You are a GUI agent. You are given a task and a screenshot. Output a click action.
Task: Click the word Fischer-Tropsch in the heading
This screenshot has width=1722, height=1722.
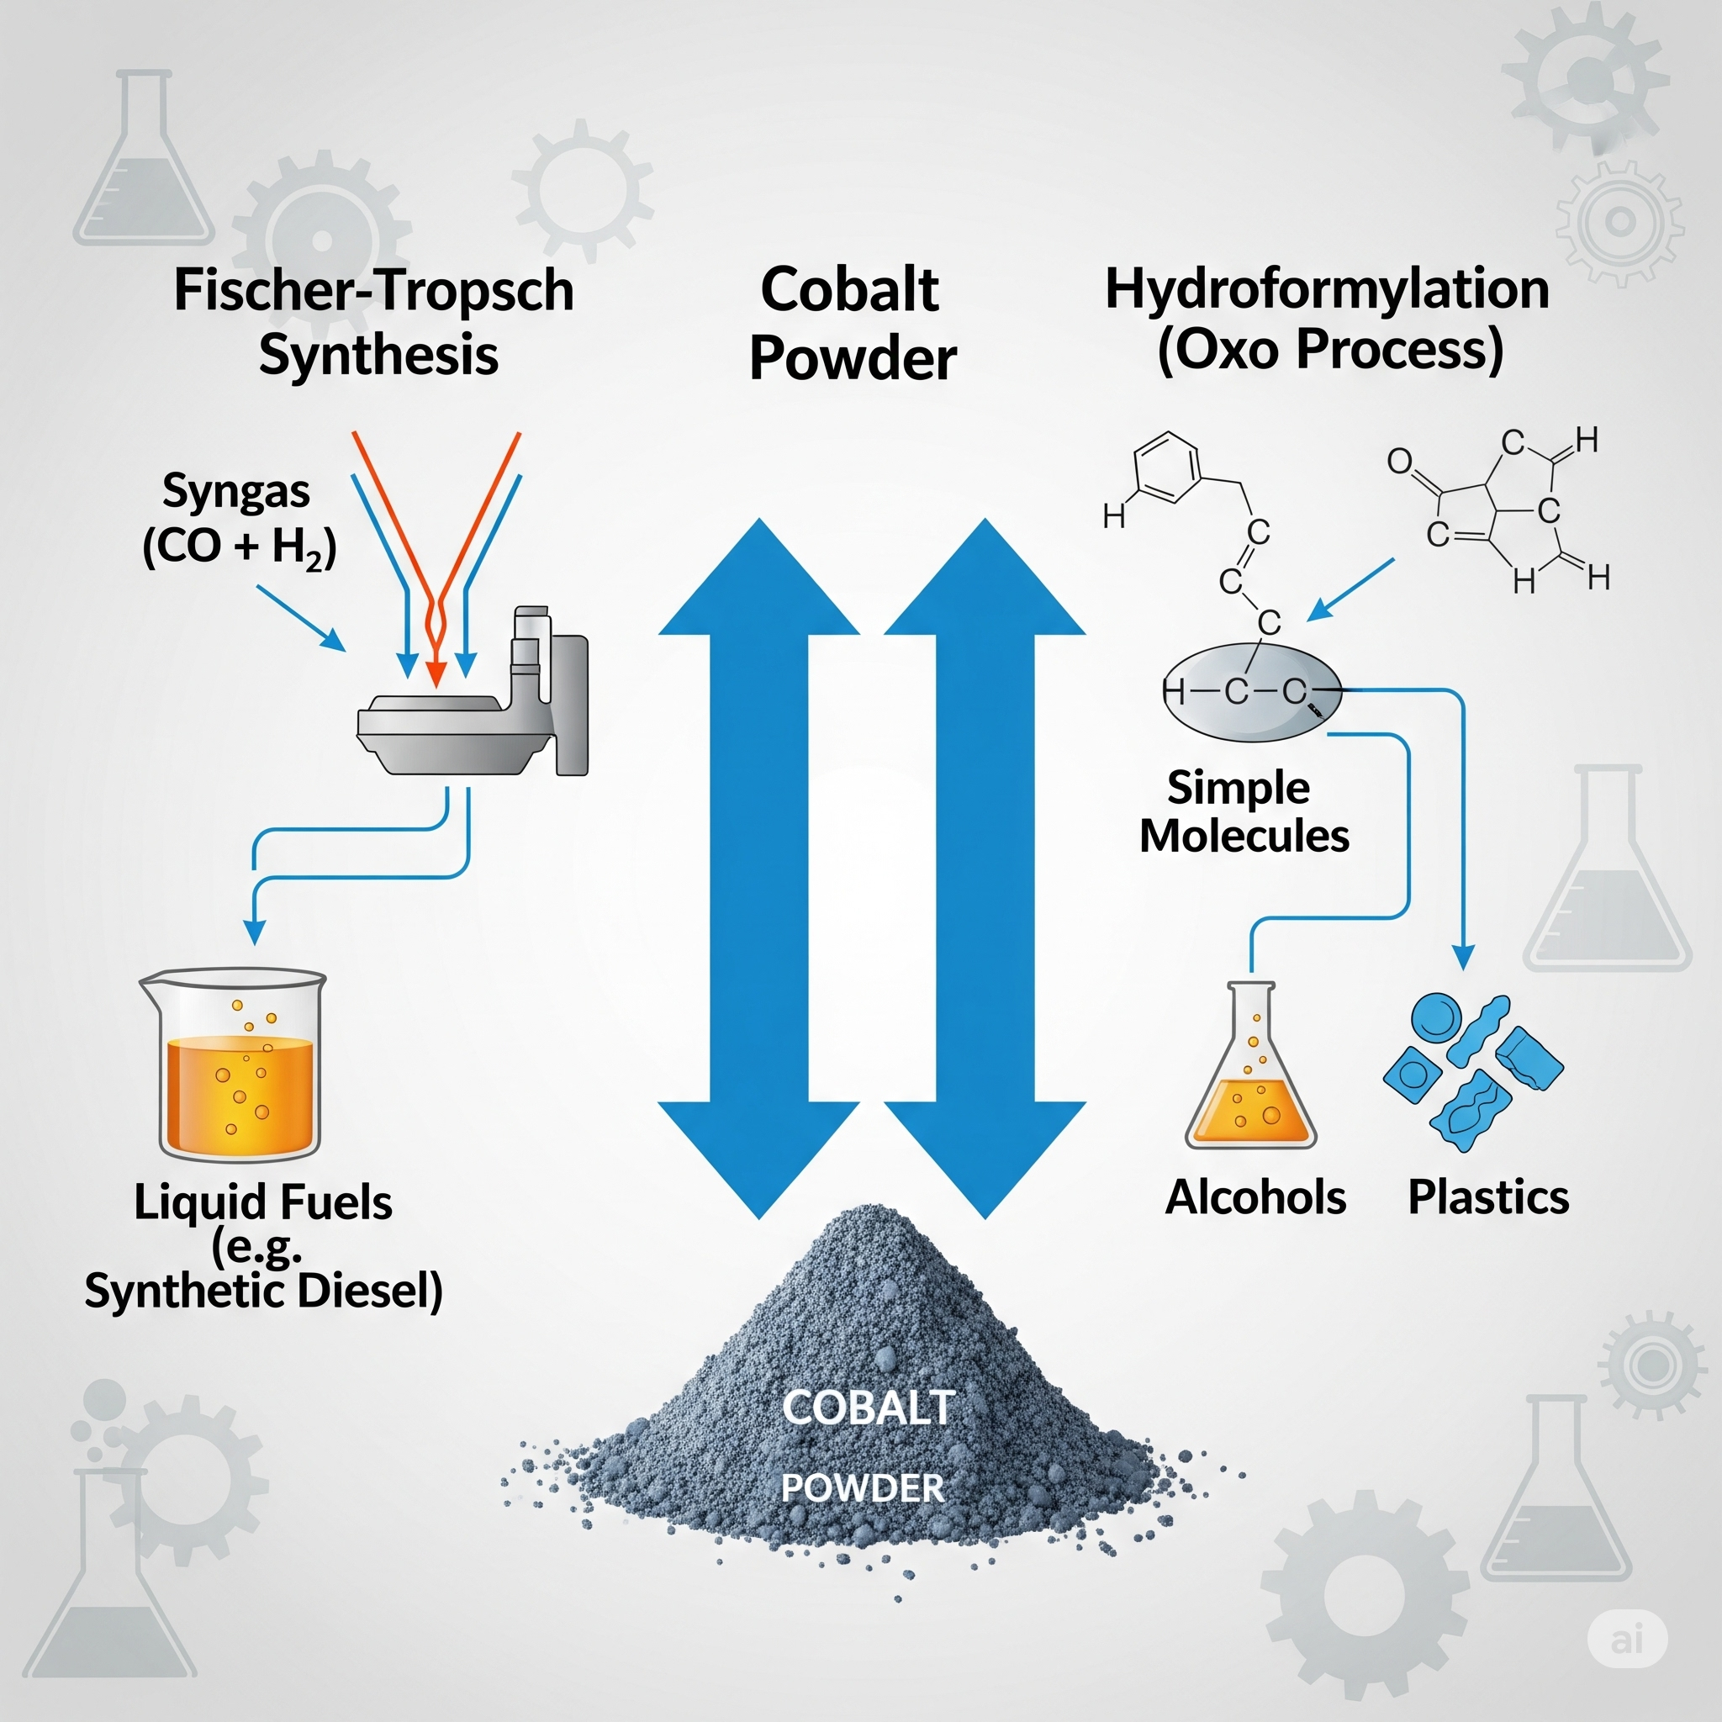pyautogui.click(x=373, y=291)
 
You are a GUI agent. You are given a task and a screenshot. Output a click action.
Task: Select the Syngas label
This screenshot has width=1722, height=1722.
pyautogui.click(x=236, y=491)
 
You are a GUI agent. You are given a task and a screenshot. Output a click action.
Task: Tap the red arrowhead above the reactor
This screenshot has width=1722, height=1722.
pyautogui.click(x=436, y=673)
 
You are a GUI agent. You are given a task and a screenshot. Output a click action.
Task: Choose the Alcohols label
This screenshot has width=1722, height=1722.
pyautogui.click(x=1255, y=1197)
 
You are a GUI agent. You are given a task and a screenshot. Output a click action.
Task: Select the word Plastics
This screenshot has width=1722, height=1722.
pyautogui.click(x=1487, y=1197)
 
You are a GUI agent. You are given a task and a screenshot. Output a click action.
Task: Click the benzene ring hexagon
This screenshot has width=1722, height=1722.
pyautogui.click(x=1167, y=467)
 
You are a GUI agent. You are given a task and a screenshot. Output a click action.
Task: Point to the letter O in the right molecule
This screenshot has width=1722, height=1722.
pyautogui.click(x=1399, y=461)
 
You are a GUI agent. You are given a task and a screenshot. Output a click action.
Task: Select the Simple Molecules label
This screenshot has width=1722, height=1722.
pyautogui.click(x=1244, y=812)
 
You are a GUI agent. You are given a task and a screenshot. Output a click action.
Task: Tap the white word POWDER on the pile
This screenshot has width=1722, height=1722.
pyautogui.click(x=862, y=1487)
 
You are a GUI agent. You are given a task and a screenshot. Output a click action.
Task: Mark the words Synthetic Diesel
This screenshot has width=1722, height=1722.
pyautogui.click(x=263, y=1291)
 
